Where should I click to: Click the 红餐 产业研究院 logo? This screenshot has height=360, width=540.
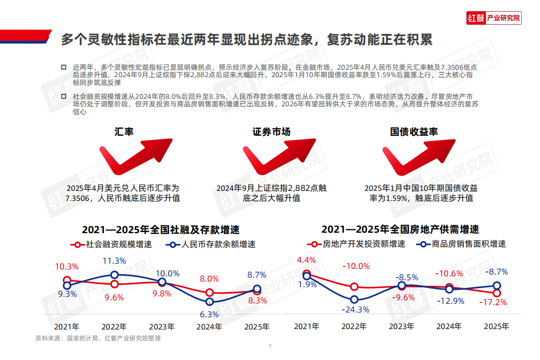[493, 18]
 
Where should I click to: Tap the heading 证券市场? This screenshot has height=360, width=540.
[271, 132]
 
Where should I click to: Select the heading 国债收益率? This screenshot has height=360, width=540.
[414, 132]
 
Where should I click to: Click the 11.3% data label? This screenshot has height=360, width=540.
[114, 261]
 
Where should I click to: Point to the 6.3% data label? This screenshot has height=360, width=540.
[209, 314]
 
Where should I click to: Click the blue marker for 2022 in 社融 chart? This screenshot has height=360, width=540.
[115, 275]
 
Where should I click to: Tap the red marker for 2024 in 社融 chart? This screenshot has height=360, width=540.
[209, 292]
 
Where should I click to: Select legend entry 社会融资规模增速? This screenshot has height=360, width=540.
[113, 245]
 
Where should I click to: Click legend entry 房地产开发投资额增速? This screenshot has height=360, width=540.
[356, 244]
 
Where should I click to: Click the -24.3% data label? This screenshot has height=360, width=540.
[356, 310]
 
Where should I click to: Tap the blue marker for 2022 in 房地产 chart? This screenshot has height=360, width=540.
[354, 299]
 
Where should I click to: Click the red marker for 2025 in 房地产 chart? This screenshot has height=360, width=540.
[497, 293]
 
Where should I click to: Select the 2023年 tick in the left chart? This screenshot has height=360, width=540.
[162, 326]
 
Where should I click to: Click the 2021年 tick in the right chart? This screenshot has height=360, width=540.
[307, 326]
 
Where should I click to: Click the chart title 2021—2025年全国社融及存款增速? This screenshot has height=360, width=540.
[161, 230]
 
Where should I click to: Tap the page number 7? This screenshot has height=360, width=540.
[270, 346]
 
